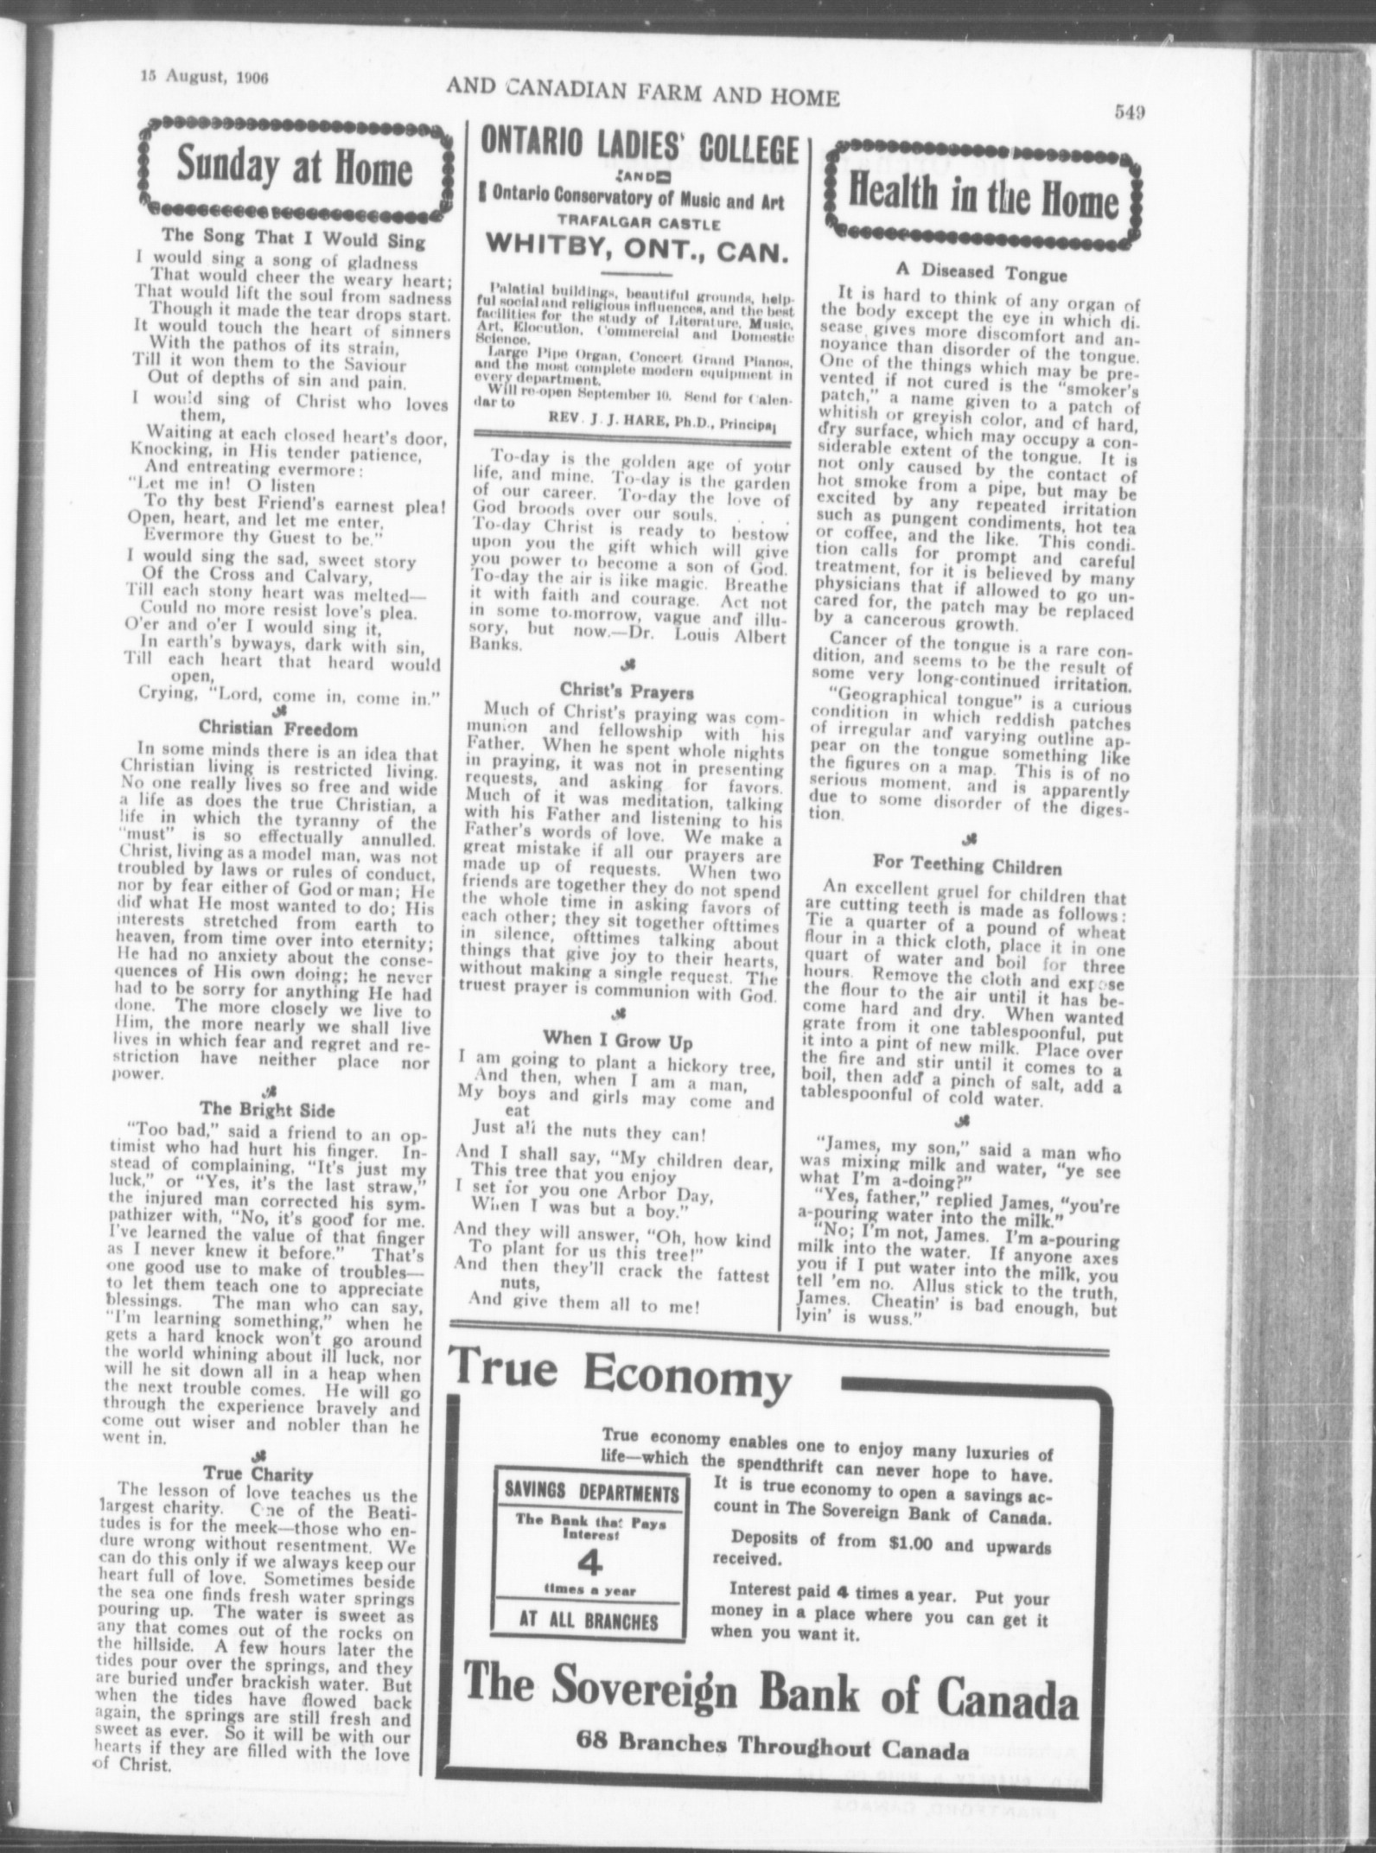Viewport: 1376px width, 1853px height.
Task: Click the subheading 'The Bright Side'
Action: coord(267,1108)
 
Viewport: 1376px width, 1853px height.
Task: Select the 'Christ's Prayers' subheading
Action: coord(627,691)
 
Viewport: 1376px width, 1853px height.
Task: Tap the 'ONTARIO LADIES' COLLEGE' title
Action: coord(639,149)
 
